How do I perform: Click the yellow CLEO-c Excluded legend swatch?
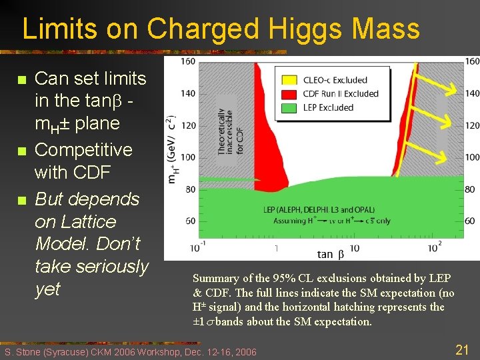291,80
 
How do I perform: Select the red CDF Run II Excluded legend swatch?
291,93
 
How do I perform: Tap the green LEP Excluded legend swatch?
291,107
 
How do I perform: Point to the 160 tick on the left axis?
188,62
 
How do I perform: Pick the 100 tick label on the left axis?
188,157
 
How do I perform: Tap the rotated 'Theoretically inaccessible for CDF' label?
227,123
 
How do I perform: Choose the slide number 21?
462,348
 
